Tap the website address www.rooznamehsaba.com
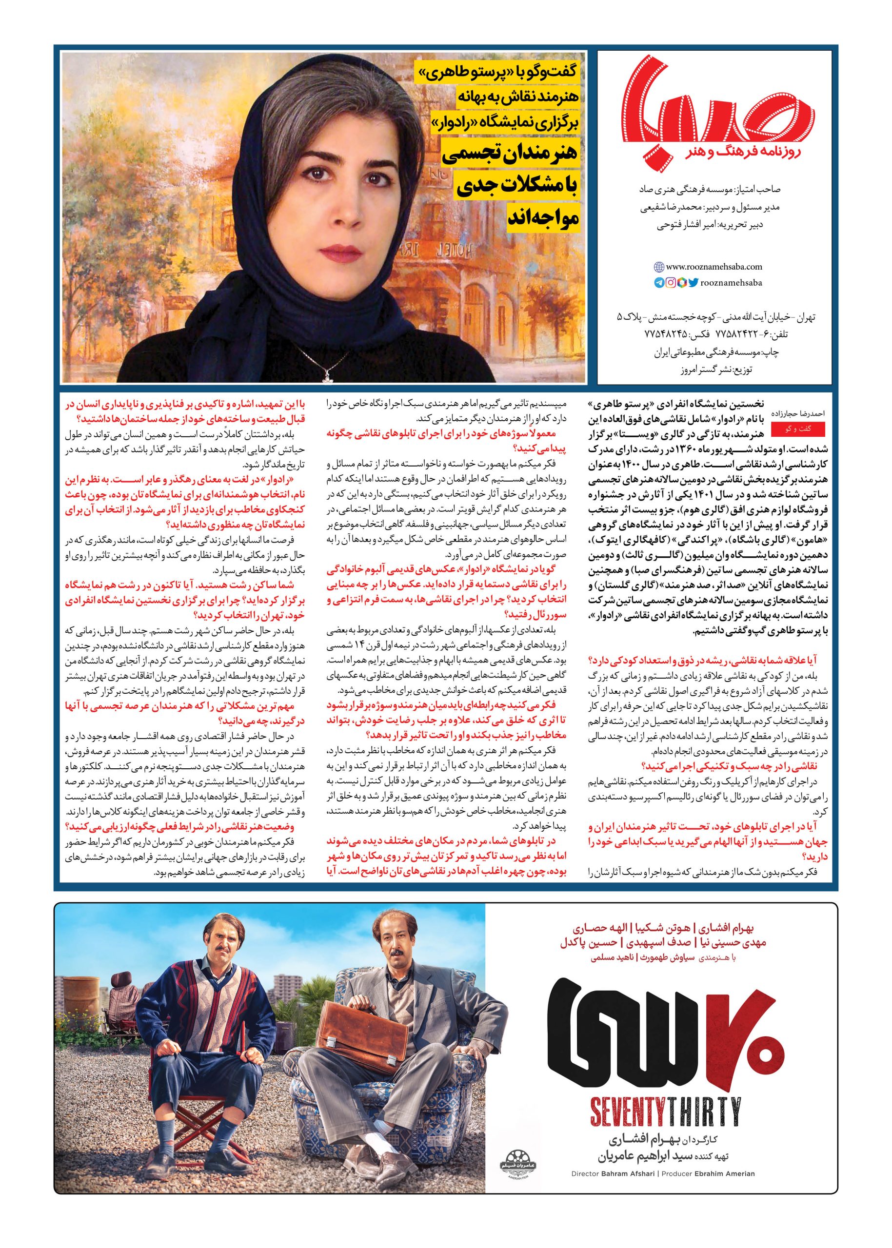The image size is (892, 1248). pyautogui.click(x=714, y=267)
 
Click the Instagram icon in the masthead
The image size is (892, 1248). pyautogui.click(x=671, y=283)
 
